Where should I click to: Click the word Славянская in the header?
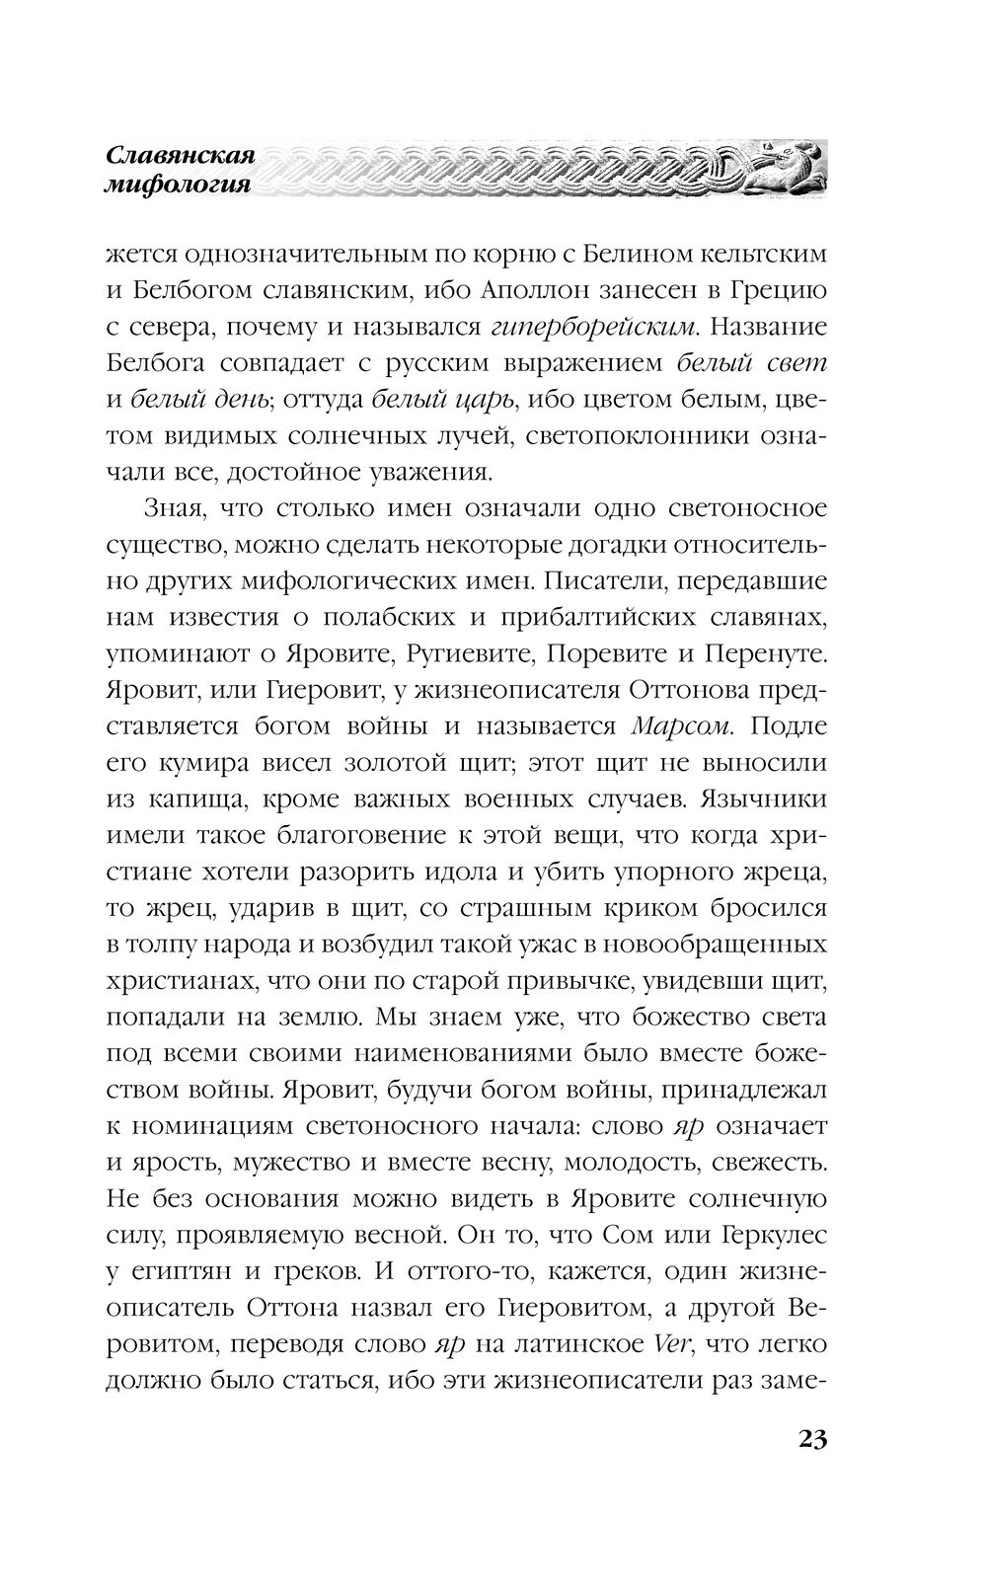[x=180, y=156]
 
